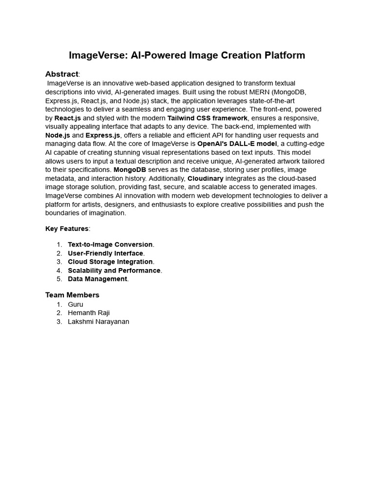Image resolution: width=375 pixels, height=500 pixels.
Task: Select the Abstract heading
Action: [x=62, y=74]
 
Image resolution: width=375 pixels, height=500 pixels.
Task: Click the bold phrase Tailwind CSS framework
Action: [x=208, y=118]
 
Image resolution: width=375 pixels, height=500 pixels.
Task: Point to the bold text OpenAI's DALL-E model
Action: [x=237, y=144]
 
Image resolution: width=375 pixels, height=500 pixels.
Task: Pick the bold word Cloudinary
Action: [x=206, y=179]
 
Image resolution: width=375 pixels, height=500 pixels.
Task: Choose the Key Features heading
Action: [x=67, y=229]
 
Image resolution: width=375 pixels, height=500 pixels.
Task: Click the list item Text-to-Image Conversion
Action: [x=110, y=245]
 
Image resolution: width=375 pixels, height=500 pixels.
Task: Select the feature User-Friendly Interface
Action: [x=105, y=253]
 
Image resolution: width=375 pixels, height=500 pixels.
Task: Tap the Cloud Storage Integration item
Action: [x=110, y=262]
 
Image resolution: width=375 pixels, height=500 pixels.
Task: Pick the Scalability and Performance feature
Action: [x=114, y=271]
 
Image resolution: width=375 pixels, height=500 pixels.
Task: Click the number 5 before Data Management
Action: [x=59, y=279]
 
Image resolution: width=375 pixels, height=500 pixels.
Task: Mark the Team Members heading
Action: [x=72, y=295]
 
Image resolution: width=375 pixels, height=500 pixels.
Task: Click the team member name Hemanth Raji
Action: [x=89, y=313]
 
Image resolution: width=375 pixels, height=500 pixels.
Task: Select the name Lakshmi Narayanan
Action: [x=99, y=322]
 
